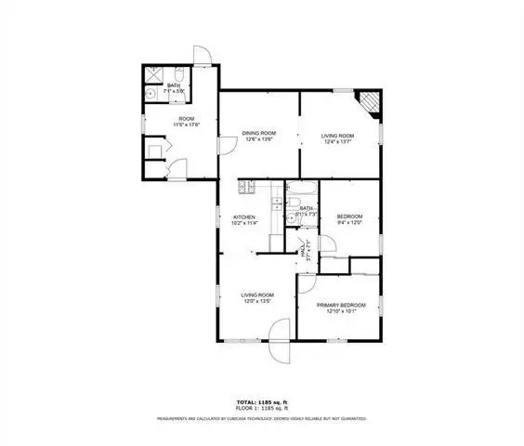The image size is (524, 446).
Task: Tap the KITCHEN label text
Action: [x=243, y=217]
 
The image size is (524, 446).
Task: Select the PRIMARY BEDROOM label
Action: [x=341, y=305]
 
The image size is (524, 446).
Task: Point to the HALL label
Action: [x=304, y=246]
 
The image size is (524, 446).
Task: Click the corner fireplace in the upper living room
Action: [x=371, y=100]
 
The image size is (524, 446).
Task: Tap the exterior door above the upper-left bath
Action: [x=203, y=57]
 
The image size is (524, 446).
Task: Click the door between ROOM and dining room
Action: [x=226, y=144]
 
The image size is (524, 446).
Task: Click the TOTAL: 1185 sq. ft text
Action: [x=262, y=402]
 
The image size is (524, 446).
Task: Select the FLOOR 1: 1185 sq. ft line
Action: [x=262, y=409]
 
